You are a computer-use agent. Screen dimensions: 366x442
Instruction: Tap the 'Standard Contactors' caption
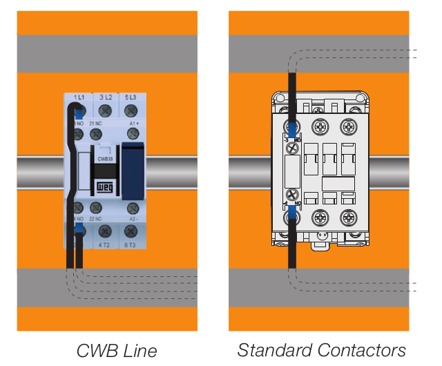click(321, 349)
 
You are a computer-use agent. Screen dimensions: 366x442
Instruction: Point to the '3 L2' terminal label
click(106, 98)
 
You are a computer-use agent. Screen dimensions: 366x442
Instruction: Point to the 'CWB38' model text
click(105, 158)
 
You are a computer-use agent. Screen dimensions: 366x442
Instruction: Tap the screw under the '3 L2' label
click(106, 110)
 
